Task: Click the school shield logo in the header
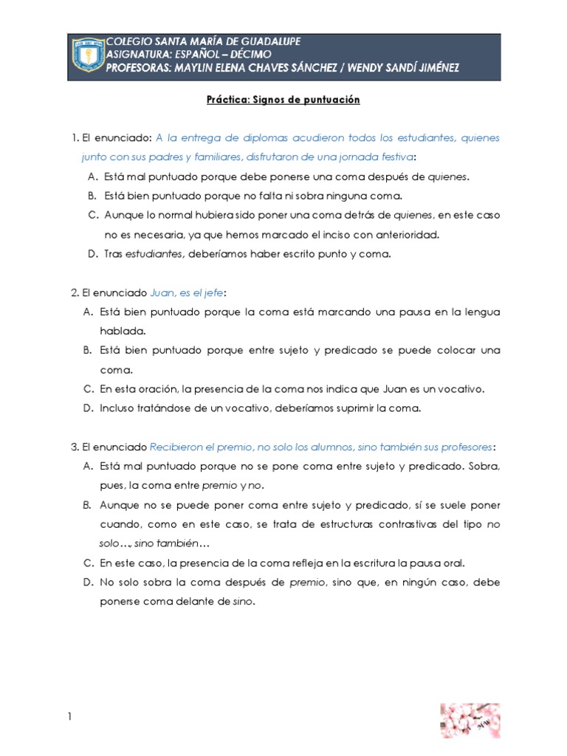(87, 56)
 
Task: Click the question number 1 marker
(74, 138)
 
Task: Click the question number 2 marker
(74, 293)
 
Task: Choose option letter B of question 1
(92, 196)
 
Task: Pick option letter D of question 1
(92, 253)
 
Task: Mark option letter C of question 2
(92, 388)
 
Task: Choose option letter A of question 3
(92, 467)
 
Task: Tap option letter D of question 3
(92, 582)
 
